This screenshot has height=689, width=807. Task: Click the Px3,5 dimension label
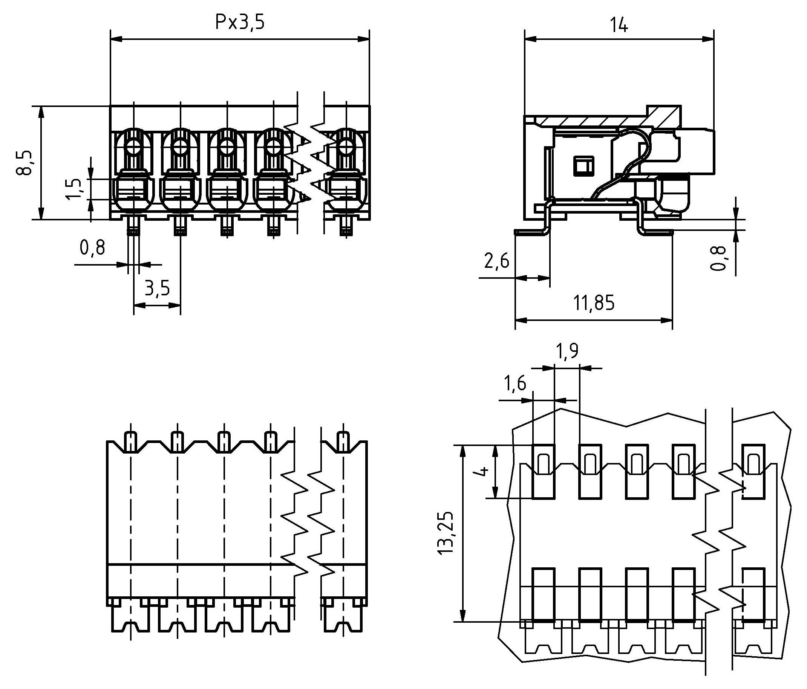click(240, 23)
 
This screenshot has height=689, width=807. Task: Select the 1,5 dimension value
click(74, 189)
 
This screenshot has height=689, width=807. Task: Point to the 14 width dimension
click(619, 25)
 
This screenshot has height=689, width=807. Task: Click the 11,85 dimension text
click(594, 303)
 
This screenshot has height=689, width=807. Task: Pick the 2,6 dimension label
click(496, 261)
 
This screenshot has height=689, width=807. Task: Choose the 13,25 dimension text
click(445, 533)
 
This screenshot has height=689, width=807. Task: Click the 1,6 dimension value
click(515, 384)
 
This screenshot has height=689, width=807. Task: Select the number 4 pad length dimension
click(482, 471)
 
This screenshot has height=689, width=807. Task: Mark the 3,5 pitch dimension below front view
click(157, 289)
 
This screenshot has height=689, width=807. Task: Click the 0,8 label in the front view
click(92, 247)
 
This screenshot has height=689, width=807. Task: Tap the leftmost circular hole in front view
click(134, 147)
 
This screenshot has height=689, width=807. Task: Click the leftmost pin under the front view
click(134, 227)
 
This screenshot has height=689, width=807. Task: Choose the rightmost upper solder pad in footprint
click(753, 471)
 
